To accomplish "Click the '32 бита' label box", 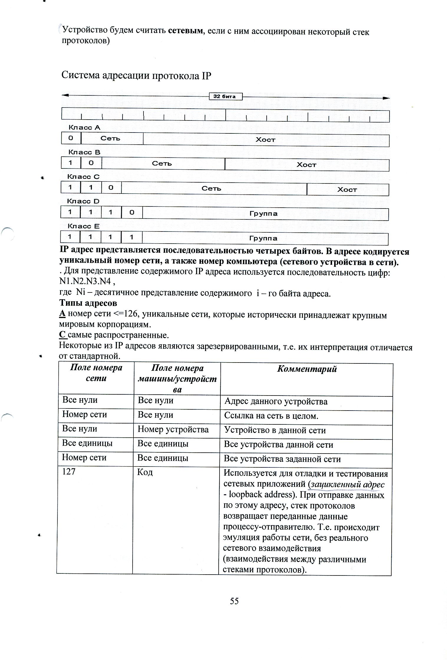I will tap(225, 97).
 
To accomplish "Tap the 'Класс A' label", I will tap(84, 128).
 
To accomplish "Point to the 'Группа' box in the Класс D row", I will tap(264, 214).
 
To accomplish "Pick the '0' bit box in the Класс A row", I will tap(71, 138).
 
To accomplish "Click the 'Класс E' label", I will tap(84, 226).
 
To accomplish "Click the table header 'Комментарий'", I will tap(307, 369).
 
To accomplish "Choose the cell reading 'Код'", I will tap(145, 472).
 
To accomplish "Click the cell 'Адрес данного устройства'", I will tap(276, 402).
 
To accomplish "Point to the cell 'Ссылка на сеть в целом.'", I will tap(271, 416).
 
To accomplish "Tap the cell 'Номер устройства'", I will tap(173, 429).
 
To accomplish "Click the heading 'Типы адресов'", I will tap(88, 303).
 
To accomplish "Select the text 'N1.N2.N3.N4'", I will tap(85, 282).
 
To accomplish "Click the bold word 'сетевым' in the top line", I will tap(186, 31).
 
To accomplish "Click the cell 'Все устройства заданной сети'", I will tap(282, 459).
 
